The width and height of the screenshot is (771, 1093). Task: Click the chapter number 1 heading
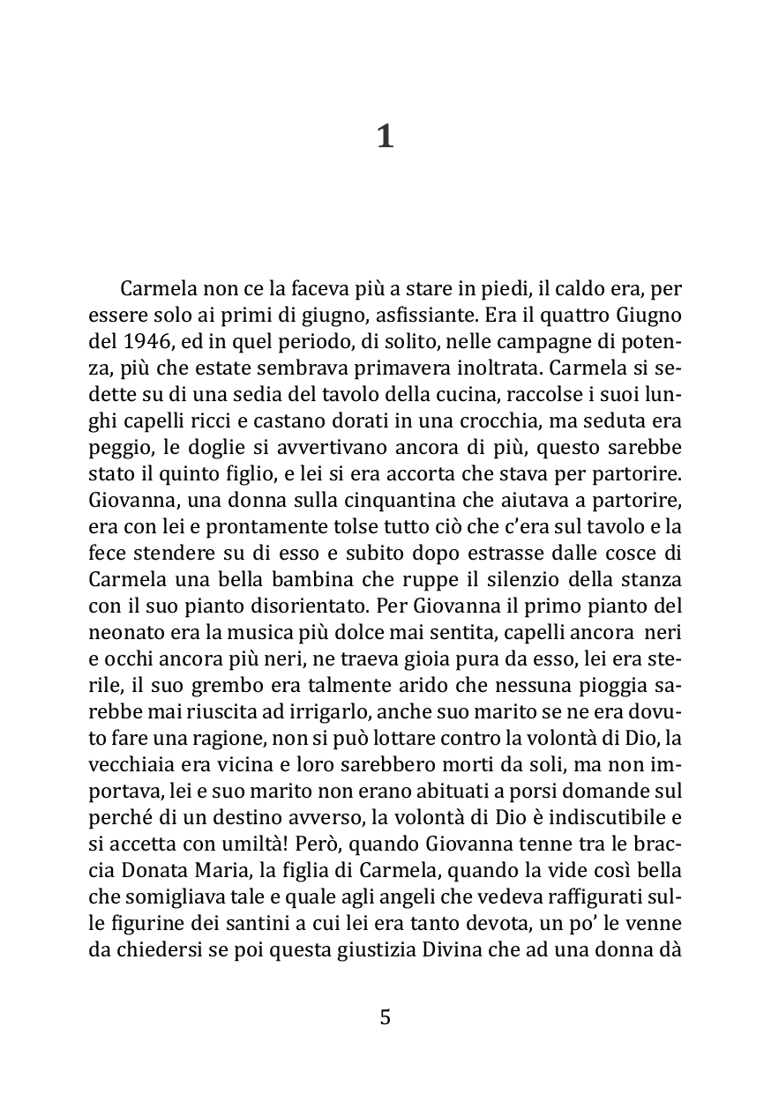(385, 138)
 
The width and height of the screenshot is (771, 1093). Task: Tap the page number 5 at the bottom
(385, 1017)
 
